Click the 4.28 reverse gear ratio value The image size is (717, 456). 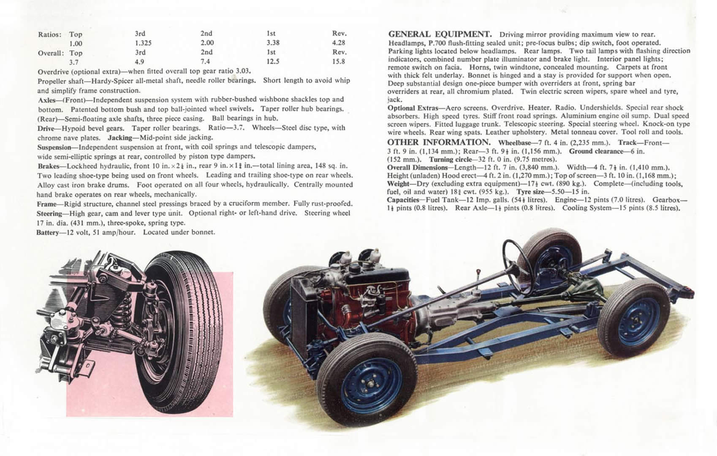tap(339, 43)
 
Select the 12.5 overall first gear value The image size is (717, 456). tap(273, 62)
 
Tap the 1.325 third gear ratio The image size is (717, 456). tap(143, 43)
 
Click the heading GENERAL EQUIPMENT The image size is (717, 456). tap(440, 34)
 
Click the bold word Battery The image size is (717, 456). tap(48, 233)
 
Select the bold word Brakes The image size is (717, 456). tap(48, 166)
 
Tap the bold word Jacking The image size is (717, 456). tap(120, 138)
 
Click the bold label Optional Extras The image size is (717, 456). tap(413, 108)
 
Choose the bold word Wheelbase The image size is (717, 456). tap(514, 143)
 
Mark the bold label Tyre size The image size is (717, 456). tap(531, 192)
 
